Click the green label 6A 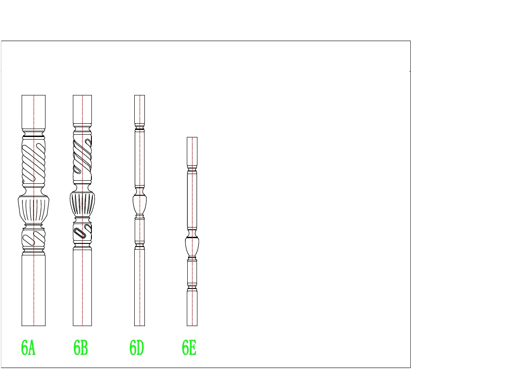tap(28, 348)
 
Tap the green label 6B tap(80, 348)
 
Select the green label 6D tap(136, 348)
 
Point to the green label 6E tap(189, 348)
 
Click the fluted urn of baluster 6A tap(34, 210)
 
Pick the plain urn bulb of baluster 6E tap(192, 247)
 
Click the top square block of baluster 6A tap(34, 112)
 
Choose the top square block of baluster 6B tap(82, 110)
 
